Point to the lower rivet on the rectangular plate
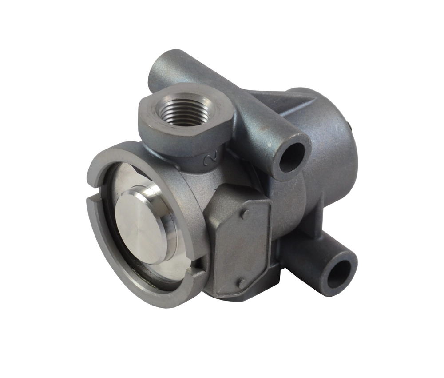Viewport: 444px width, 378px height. coord(242,282)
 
